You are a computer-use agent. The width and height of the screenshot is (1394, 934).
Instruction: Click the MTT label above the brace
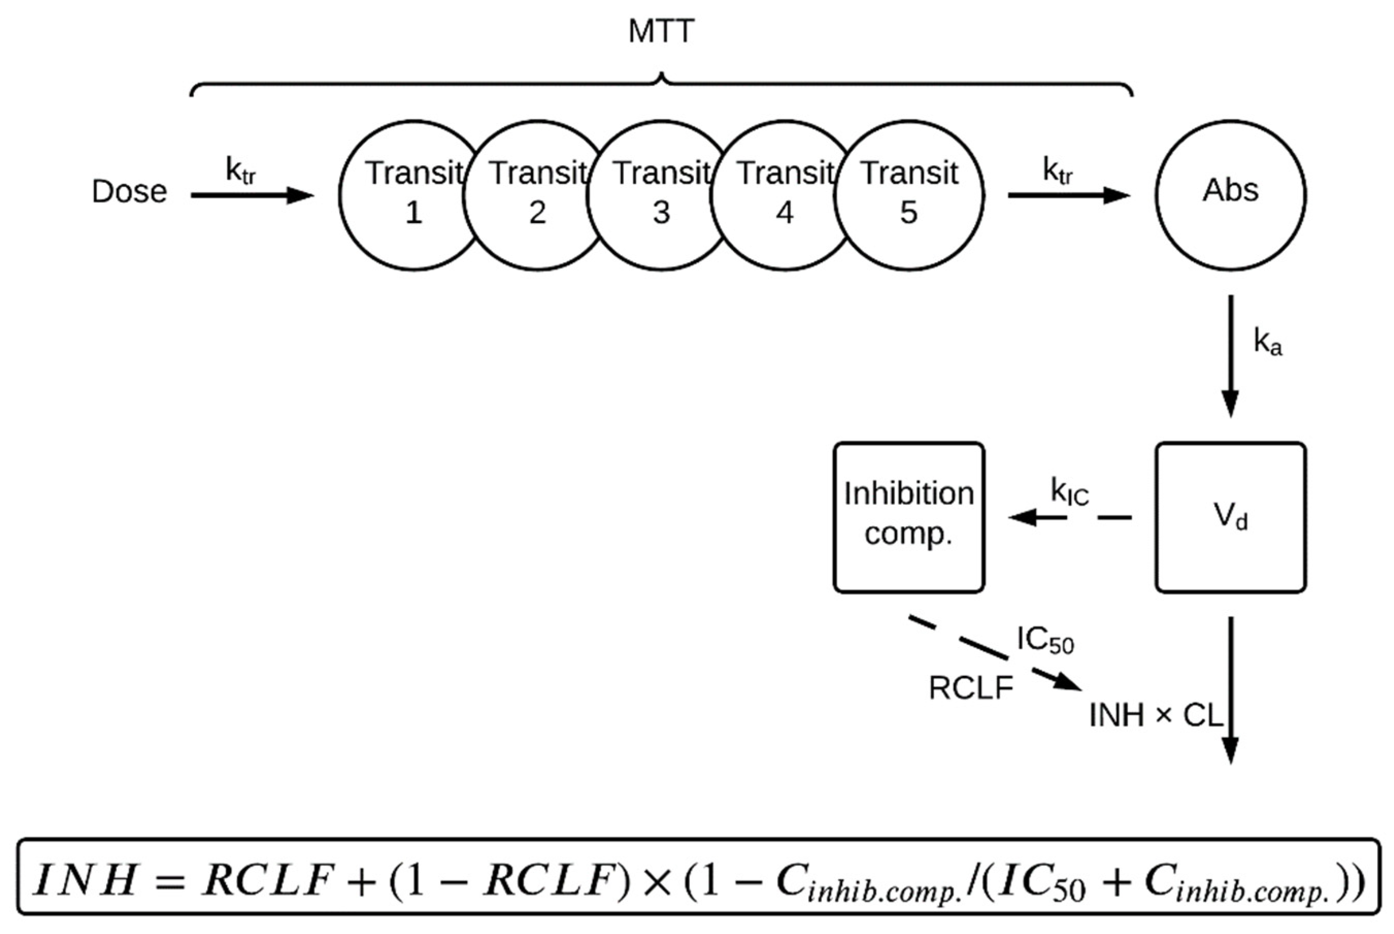coord(661,31)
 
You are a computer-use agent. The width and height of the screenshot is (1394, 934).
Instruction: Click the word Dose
coord(129,192)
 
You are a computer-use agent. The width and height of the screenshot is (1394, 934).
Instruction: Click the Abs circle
coord(1231,195)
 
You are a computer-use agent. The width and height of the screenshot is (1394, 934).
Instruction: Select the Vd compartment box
coord(1231,518)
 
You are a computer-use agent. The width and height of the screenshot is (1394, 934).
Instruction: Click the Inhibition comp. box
coord(909,518)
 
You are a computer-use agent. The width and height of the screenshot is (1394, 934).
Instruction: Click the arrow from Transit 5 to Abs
coord(1069,195)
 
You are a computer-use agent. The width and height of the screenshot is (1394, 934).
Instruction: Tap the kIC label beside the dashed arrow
coord(1070,493)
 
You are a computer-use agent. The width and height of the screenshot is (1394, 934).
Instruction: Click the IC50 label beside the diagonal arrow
coord(1046,641)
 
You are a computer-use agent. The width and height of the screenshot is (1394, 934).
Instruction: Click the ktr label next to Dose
coord(241,171)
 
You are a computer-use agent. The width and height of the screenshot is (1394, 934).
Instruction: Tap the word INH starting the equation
coord(85,881)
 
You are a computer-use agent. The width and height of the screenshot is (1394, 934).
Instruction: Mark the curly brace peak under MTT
coord(661,77)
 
